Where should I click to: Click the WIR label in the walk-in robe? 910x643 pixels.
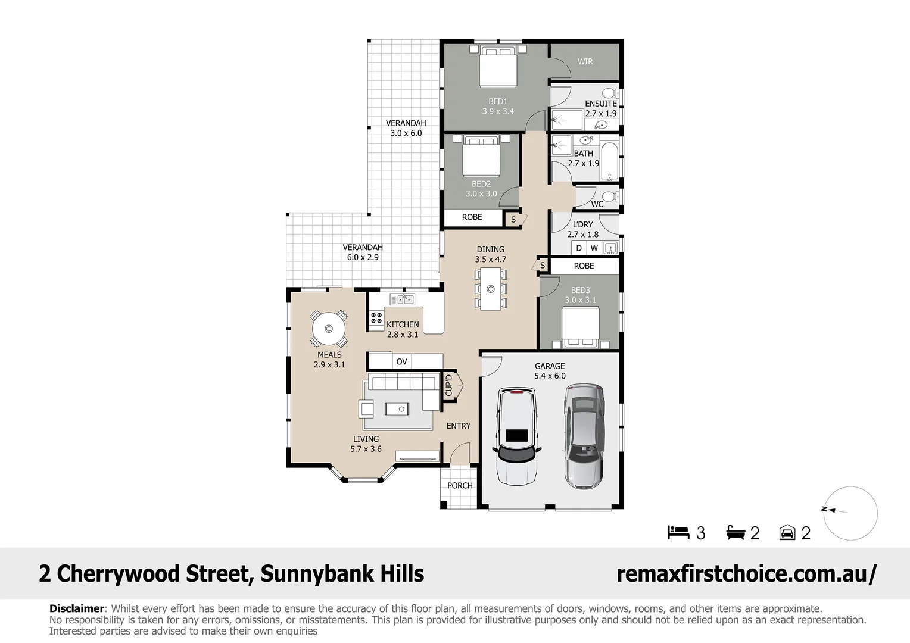585,61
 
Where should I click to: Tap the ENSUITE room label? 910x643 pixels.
600,104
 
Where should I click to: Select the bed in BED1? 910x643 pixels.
498,67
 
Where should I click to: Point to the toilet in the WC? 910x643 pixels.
611,196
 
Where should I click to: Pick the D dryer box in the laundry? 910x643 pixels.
578,248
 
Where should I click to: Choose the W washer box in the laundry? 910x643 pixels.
594,248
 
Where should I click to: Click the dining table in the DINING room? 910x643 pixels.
491,289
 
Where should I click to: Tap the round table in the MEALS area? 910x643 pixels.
329,328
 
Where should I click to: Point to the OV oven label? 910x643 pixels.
401,361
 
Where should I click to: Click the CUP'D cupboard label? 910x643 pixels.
449,385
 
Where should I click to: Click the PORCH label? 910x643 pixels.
460,485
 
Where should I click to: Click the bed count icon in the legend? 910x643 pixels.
678,532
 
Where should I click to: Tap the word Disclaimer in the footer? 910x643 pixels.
76,608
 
